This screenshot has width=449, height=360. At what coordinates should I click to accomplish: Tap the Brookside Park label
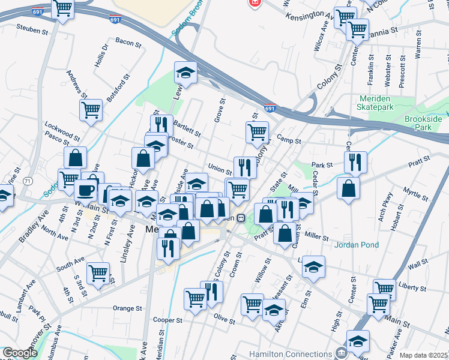pyautogui.click(x=423, y=123)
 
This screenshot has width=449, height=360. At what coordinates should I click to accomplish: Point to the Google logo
pyautogui.click(x=20, y=353)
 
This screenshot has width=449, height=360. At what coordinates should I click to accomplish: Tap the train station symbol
pyautogui.click(x=241, y=218)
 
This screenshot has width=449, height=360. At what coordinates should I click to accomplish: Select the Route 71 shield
pyautogui.click(x=28, y=181)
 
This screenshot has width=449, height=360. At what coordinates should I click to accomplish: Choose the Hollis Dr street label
pyautogui.click(x=100, y=55)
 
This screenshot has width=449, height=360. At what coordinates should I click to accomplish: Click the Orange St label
pyautogui.click(x=127, y=308)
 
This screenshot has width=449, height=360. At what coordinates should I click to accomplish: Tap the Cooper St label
pyautogui.click(x=167, y=320)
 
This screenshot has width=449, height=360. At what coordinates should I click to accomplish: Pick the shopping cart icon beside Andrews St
pyautogui.click(x=91, y=110)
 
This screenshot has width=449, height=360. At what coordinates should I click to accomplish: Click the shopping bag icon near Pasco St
pyautogui.click(x=76, y=158)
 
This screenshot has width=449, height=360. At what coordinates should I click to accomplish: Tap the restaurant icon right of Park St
pyautogui.click(x=355, y=161)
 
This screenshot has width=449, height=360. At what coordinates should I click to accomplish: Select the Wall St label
pyautogui.click(x=418, y=264)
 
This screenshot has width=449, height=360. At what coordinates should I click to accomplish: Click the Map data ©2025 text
pyautogui.click(x=423, y=355)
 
